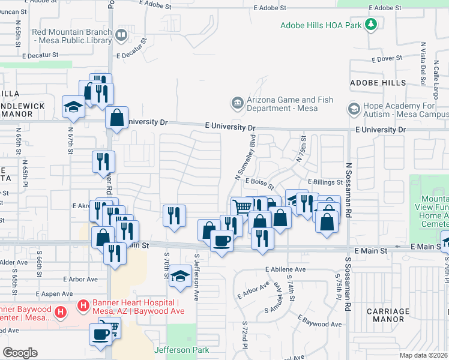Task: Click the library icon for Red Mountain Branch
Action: click(121, 36)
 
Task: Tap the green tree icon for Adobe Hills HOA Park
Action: click(372, 24)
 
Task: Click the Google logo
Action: click(20, 352)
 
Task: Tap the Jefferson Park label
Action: click(181, 350)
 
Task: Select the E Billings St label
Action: click(325, 182)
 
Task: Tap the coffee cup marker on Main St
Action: click(221, 241)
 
